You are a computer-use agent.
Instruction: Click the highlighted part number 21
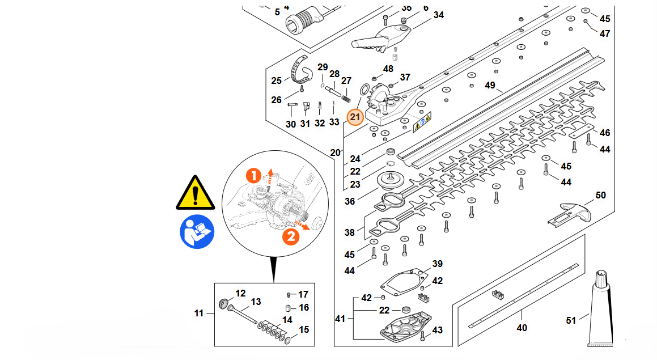pyautogui.click(x=355, y=117)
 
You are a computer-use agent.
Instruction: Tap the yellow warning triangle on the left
pyautogui.click(x=196, y=193)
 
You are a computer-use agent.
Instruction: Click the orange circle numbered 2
pyautogui.click(x=291, y=235)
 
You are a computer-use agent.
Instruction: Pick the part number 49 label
pyautogui.click(x=490, y=86)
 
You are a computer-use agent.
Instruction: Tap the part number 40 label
pyautogui.click(x=522, y=327)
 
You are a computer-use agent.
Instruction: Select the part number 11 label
pyautogui.click(x=198, y=312)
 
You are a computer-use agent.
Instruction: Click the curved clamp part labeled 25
pyautogui.click(x=301, y=71)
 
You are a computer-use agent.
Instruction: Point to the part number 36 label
pyautogui.click(x=350, y=201)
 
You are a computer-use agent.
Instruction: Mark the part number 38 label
pyautogui.click(x=350, y=232)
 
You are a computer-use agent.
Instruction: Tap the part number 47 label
pyautogui.click(x=605, y=33)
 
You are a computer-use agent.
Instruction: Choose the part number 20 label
pyautogui.click(x=335, y=153)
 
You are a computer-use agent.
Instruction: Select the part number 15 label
pyautogui.click(x=304, y=329)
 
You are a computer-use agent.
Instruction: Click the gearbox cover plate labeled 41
pyautogui.click(x=404, y=329)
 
